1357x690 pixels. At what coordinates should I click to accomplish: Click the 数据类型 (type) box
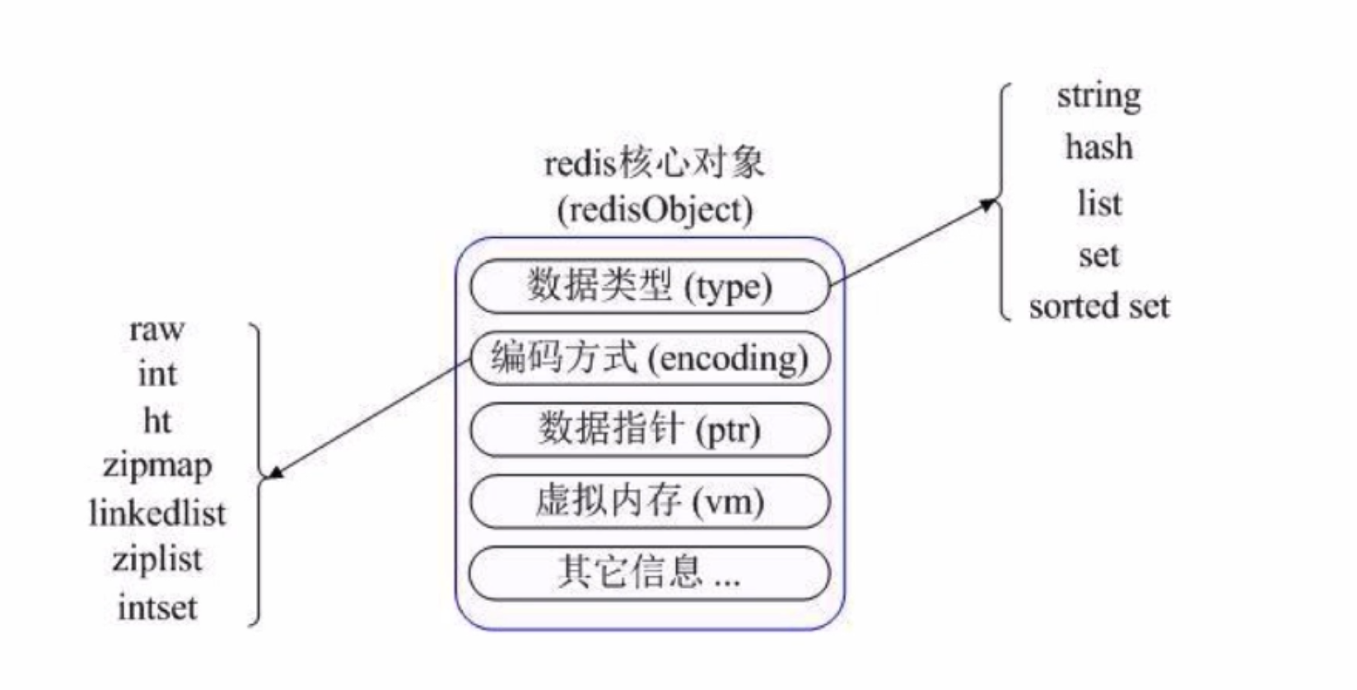point(650,287)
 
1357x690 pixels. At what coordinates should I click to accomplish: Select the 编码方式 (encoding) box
point(650,358)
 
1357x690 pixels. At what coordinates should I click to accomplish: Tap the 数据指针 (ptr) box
point(650,429)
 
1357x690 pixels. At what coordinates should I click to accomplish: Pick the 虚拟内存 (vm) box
point(650,501)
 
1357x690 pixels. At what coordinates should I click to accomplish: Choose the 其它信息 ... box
point(650,572)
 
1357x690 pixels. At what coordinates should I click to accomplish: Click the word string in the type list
point(1098,97)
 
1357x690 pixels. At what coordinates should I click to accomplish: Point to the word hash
point(1098,148)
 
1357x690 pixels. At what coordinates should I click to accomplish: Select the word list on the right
point(1099,203)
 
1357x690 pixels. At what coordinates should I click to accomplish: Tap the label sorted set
point(1098,306)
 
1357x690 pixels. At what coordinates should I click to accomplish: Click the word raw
point(156,329)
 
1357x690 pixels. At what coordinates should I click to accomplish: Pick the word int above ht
point(156,375)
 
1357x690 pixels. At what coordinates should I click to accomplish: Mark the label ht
point(156,421)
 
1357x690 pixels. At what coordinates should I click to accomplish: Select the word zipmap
point(156,467)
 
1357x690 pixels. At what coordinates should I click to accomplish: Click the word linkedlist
point(156,514)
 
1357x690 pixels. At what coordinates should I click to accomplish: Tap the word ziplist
point(156,560)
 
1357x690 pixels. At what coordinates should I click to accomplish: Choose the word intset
point(156,608)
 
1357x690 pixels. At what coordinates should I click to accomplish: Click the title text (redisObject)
point(655,210)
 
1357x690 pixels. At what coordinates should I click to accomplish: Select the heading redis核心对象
point(655,163)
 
